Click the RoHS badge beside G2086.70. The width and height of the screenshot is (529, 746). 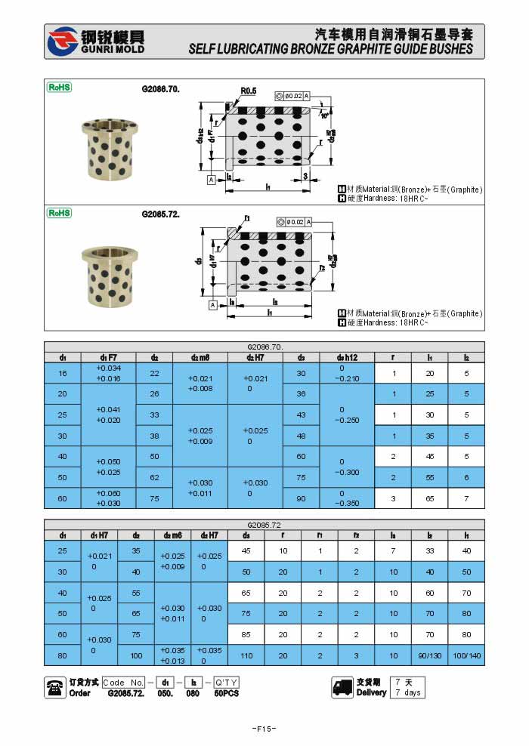60,88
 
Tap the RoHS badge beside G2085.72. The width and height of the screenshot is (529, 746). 60,213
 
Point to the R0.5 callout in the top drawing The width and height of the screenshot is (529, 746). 249,91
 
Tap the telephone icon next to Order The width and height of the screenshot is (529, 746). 55,686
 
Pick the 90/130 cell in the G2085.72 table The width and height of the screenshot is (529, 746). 430,655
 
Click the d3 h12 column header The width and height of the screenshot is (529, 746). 347,357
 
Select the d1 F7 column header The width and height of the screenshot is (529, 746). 109,357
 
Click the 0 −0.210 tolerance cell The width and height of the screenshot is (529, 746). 347,373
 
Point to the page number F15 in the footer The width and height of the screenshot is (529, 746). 264,729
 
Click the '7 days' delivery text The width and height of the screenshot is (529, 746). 407,692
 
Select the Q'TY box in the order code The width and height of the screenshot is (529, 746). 226,682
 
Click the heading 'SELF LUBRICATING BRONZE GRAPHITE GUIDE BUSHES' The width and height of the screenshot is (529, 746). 330,49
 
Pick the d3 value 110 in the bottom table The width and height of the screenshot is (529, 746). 246,655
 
